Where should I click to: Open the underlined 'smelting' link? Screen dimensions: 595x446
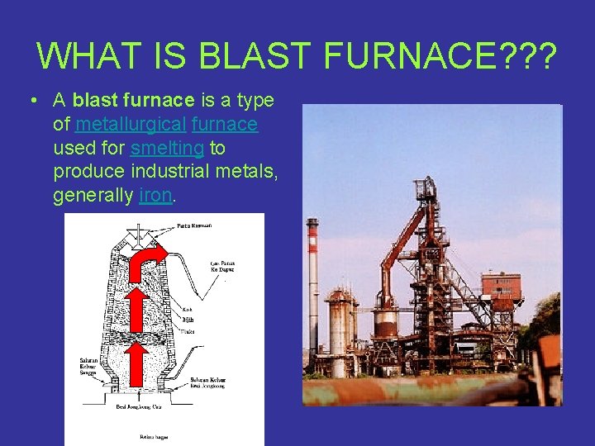[x=167, y=149]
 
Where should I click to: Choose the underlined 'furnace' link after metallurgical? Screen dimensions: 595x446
[x=224, y=125]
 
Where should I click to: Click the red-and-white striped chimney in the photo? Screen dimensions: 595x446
[x=312, y=289]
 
